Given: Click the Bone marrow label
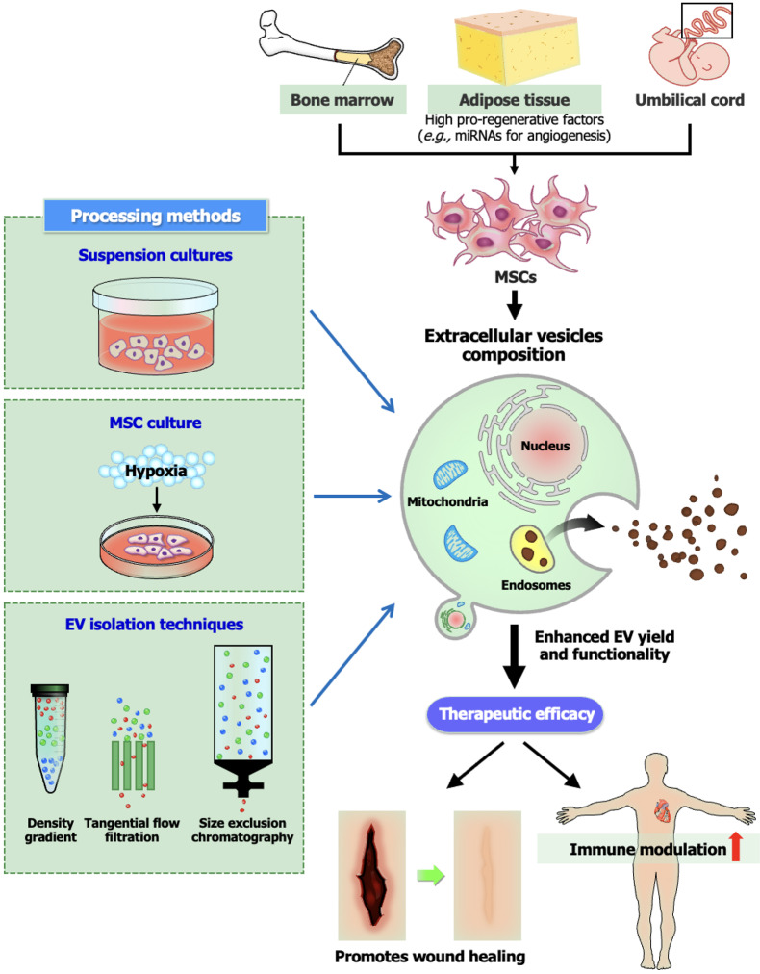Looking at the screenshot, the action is (x=342, y=100).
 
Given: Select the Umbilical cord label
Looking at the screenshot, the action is (x=689, y=100).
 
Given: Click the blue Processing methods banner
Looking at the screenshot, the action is (x=156, y=216).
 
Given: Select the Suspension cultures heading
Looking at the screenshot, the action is (x=155, y=255).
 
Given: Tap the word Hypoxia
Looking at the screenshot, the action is (x=156, y=471).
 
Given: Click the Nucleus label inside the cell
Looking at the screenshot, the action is (x=545, y=446).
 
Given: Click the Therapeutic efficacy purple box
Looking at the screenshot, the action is (x=515, y=714).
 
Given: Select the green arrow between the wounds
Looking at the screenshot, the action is (x=430, y=876).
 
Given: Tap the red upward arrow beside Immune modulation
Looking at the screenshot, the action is (x=736, y=846).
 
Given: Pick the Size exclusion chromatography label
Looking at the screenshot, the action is (x=242, y=830).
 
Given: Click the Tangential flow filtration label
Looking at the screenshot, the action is (x=132, y=830).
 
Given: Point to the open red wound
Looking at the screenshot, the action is (x=372, y=875).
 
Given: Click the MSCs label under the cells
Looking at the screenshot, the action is (x=516, y=277).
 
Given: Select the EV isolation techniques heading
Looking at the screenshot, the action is (x=155, y=625).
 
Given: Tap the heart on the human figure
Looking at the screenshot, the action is (x=663, y=810).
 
